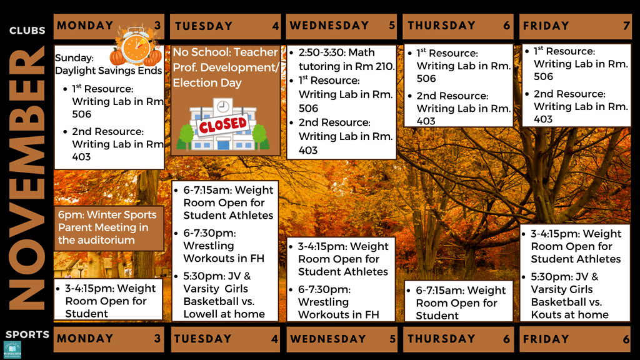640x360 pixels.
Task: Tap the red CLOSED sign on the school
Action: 223,124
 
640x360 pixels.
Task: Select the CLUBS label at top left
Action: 27,31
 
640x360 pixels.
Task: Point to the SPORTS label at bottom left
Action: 27,334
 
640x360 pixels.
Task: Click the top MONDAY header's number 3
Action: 157,26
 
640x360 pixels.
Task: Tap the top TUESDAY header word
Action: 204,26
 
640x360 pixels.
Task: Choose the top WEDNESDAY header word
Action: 329,26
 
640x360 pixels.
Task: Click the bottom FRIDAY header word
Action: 546,339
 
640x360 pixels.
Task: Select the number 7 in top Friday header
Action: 625,26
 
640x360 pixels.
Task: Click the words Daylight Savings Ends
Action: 108,71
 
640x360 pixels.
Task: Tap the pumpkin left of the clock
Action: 117,57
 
